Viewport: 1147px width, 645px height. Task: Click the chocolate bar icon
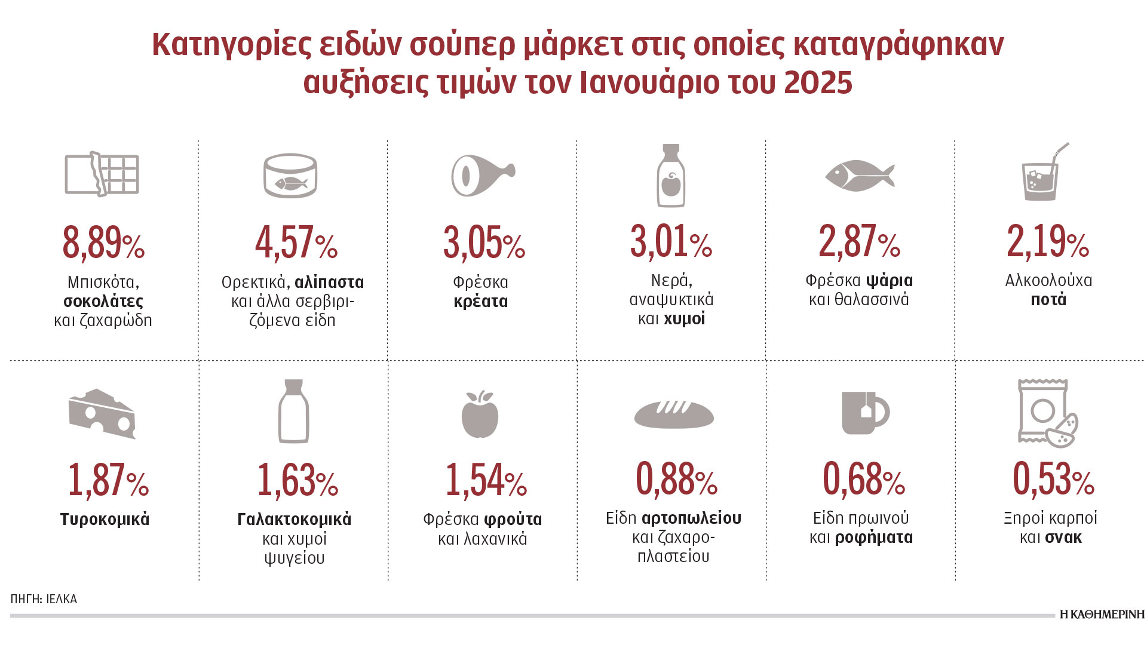[x=102, y=174]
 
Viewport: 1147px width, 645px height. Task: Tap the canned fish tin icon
[x=290, y=176]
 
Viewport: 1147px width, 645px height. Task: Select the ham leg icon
[x=481, y=175]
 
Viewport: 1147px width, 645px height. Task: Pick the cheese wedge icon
[x=102, y=413]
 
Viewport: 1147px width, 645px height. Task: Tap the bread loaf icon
[x=673, y=414]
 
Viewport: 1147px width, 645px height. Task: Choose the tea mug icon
[x=864, y=413]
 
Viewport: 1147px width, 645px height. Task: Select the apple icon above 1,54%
[x=480, y=414]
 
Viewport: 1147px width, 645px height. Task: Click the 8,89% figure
[x=103, y=242]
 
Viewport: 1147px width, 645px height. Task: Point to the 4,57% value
[x=296, y=243]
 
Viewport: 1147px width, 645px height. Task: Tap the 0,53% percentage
[x=1053, y=480]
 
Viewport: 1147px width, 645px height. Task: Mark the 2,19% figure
[x=1048, y=242]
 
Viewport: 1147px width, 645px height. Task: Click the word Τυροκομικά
[x=105, y=520]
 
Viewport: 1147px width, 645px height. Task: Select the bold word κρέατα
[x=481, y=301]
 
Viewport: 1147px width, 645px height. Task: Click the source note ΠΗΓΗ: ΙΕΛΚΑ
[x=44, y=599]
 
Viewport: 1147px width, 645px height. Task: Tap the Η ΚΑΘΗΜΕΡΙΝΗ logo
[x=1102, y=615]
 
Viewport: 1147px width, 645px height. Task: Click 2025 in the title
[x=818, y=83]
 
